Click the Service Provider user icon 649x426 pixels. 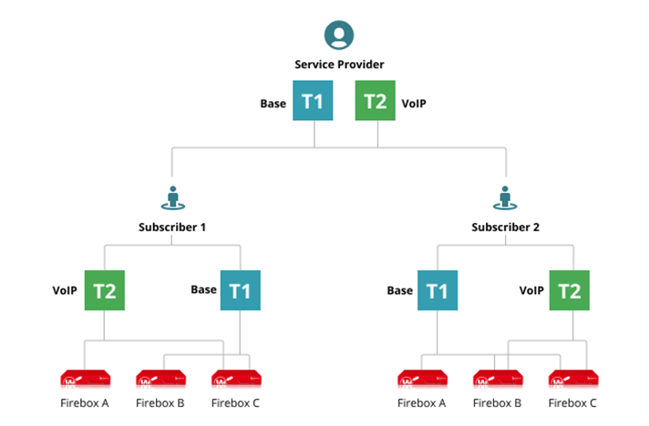pos(339,36)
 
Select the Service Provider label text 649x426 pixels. pos(339,65)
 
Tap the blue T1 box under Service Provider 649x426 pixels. pos(313,102)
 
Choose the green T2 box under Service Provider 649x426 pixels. pos(375,102)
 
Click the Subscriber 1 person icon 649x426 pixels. pos(172,198)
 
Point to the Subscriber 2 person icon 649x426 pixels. pos(505,198)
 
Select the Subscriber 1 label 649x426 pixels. pos(172,227)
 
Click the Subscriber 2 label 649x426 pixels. pos(506,227)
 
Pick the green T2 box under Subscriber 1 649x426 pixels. pos(104,290)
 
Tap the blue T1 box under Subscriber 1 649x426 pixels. pos(240,290)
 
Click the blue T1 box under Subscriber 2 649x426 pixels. pos(438,290)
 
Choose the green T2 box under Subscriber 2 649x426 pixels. pos(570,290)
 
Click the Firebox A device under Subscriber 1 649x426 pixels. pos(84,379)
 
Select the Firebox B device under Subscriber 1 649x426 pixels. pos(160,379)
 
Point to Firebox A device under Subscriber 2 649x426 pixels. pos(421,379)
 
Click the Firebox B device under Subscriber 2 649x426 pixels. pos(497,379)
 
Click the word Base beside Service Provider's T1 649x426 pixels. pos(273,104)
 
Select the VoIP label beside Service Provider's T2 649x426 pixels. pos(414,104)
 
